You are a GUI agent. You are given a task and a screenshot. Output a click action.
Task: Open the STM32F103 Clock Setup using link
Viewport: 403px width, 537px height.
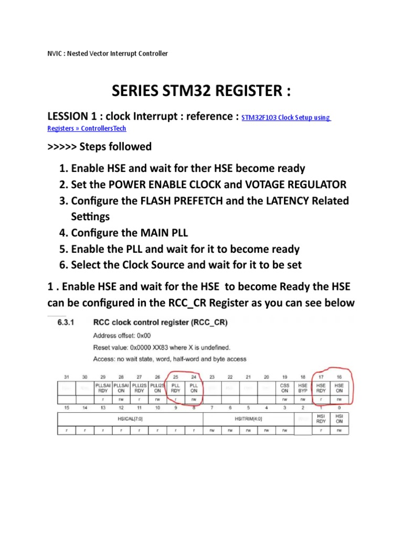pyautogui.click(x=286, y=118)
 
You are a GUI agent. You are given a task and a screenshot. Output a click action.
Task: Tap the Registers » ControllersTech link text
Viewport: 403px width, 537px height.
pyautogui.click(x=87, y=128)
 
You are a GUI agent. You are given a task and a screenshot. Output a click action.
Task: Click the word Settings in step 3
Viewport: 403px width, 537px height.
pyautogui.click(x=90, y=216)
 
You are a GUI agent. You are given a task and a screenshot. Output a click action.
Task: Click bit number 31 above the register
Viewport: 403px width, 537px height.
pyautogui.click(x=67, y=377)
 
